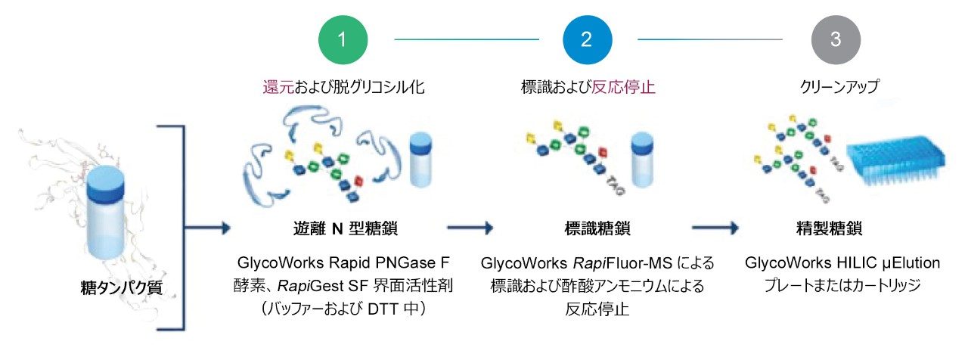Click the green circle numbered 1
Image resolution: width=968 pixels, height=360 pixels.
click(343, 39)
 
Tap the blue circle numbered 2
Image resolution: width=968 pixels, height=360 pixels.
click(586, 39)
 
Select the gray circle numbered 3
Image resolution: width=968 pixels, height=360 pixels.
click(835, 39)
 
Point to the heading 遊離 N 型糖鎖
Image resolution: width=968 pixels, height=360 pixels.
click(343, 227)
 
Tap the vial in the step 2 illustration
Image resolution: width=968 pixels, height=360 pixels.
click(642, 160)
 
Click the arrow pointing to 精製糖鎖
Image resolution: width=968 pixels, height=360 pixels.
click(715, 227)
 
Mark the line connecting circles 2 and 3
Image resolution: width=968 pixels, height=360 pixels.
click(710, 39)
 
